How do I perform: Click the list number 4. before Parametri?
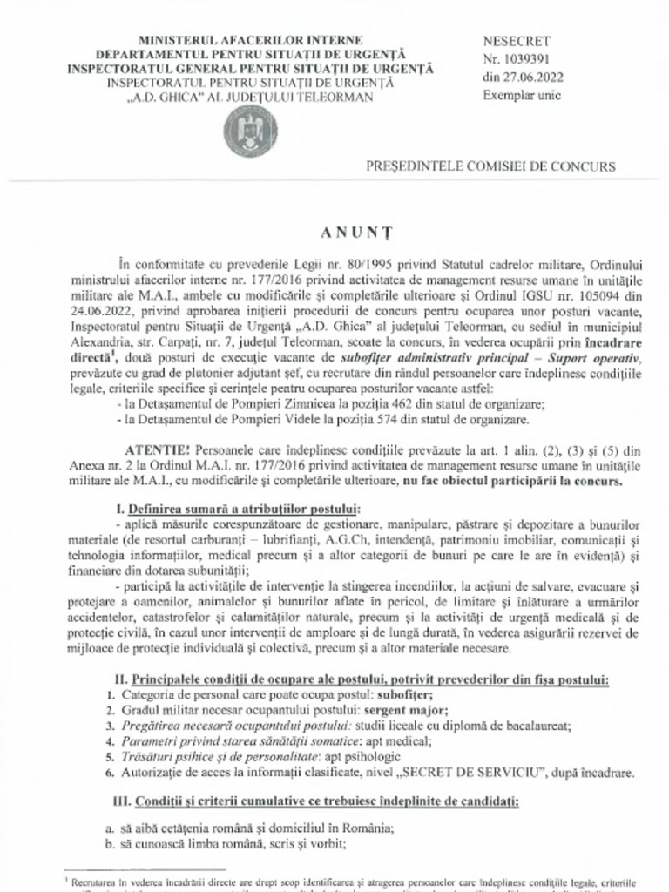coord(109,741)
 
